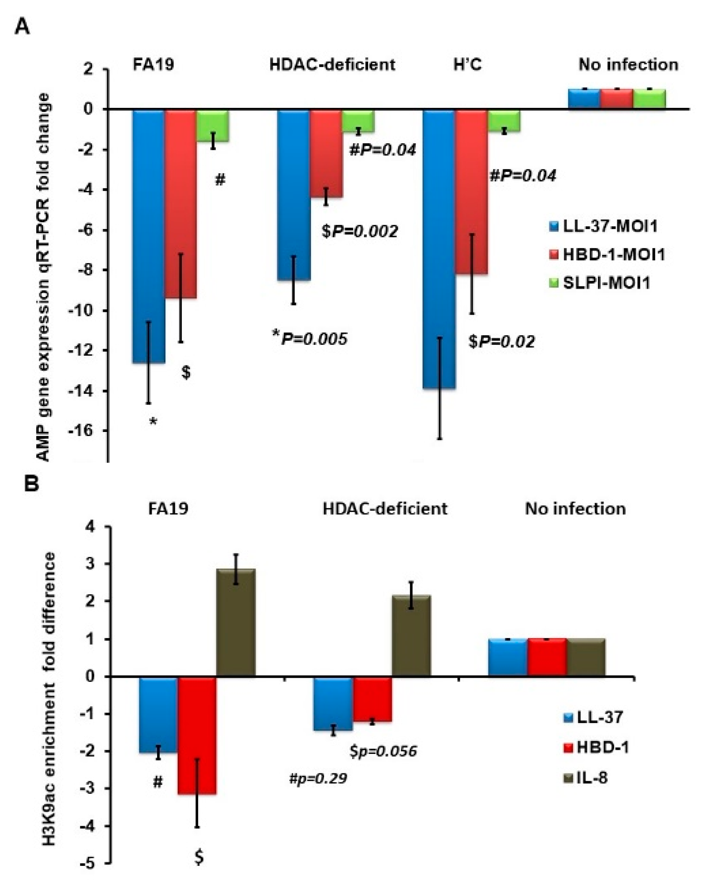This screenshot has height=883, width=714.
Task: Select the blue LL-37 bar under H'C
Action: tap(439, 247)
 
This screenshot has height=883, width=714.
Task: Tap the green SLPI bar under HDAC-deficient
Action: tap(358, 121)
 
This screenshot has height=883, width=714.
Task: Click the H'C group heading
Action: tap(468, 65)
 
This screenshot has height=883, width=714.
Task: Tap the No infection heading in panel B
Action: tap(575, 509)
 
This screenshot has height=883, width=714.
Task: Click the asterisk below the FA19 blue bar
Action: tap(153, 422)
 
